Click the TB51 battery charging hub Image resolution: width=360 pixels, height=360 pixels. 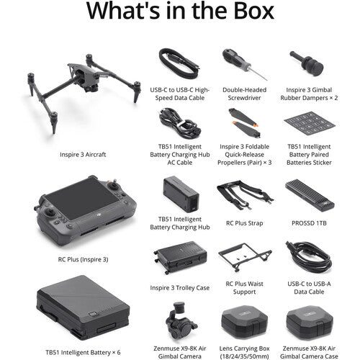pyautogui.click(x=180, y=194)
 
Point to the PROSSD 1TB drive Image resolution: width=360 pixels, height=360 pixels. pyautogui.click(x=307, y=192)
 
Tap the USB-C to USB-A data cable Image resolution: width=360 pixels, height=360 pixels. pyautogui.click(x=307, y=256)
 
